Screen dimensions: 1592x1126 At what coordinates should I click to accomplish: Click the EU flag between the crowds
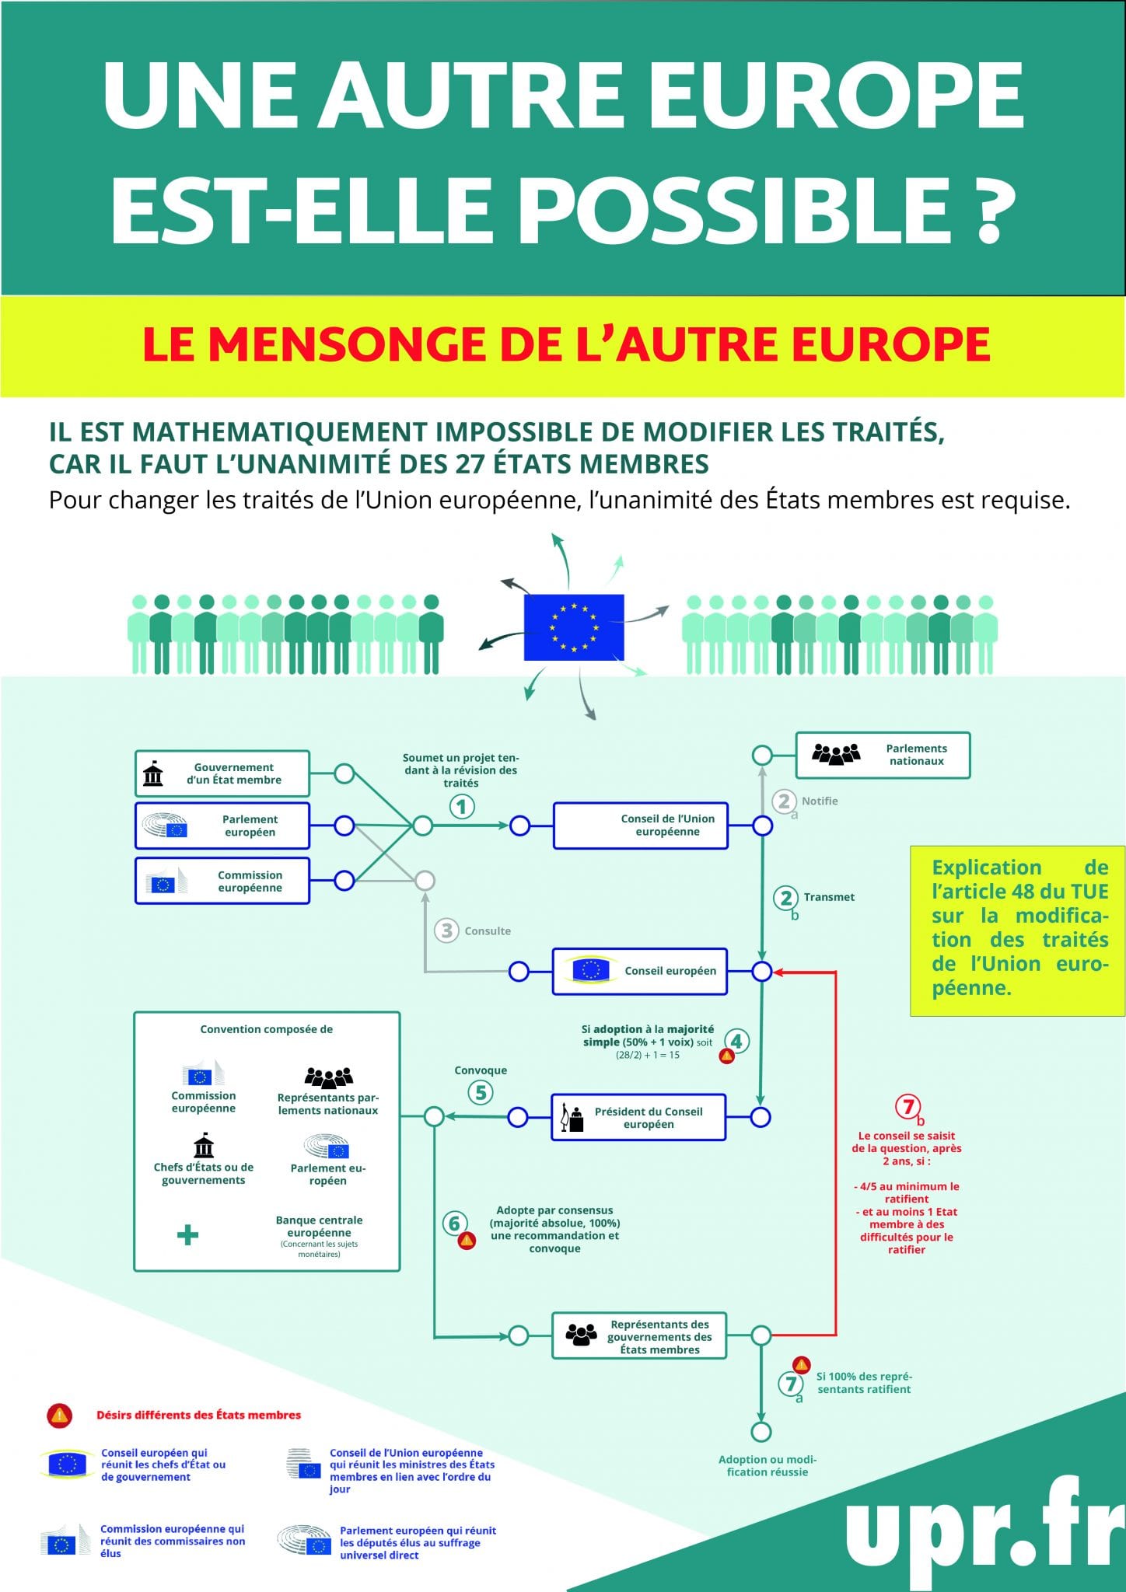pyautogui.click(x=574, y=627)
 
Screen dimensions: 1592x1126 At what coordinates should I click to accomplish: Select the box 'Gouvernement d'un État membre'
pyautogui.click(x=222, y=773)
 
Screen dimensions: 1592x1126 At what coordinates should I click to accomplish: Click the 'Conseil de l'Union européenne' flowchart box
pyautogui.click(x=641, y=826)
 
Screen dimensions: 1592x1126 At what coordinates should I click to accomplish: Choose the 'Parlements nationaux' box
pyautogui.click(x=883, y=755)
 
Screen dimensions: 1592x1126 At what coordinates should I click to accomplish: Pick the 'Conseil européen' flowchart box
pyautogui.click(x=640, y=971)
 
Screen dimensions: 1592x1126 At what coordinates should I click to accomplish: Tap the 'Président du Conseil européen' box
pyautogui.click(x=638, y=1118)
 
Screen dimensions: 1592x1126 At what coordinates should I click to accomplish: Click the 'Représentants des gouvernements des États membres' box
pyautogui.click(x=639, y=1336)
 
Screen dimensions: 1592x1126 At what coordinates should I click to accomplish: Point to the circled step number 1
pyautogui.click(x=462, y=807)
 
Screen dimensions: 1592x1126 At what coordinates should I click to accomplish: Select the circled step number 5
pyautogui.click(x=481, y=1092)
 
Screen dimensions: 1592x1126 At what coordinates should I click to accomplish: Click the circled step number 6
pyautogui.click(x=454, y=1223)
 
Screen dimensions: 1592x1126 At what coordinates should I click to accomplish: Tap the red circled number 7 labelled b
pyautogui.click(x=907, y=1105)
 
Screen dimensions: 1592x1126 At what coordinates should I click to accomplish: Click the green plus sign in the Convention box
pyautogui.click(x=187, y=1234)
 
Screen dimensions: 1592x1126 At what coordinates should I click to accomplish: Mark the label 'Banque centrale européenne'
pyautogui.click(x=319, y=1226)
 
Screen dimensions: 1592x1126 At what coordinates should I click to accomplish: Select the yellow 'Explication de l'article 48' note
pyautogui.click(x=1018, y=930)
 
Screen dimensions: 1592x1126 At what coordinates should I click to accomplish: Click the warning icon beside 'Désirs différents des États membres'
pyautogui.click(x=60, y=1416)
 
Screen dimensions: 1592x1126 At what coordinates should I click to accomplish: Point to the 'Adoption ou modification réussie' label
pyautogui.click(x=768, y=1465)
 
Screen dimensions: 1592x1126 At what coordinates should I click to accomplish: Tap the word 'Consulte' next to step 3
pyautogui.click(x=488, y=930)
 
